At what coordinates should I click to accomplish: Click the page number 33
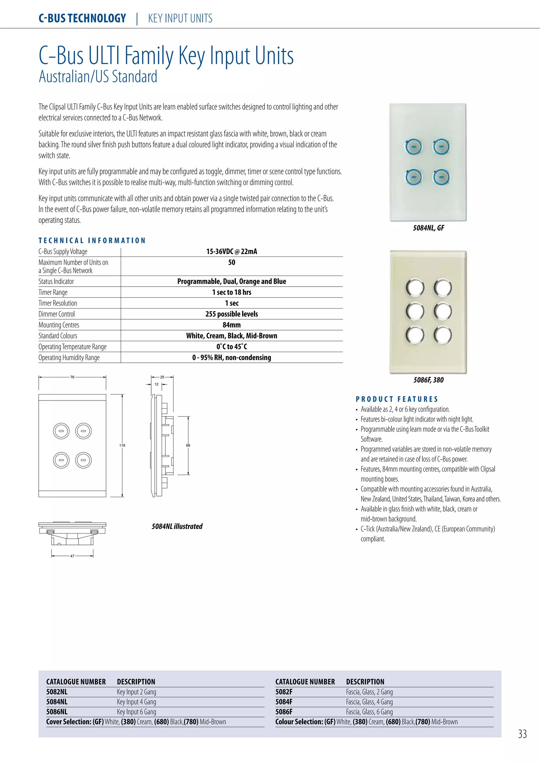(522, 734)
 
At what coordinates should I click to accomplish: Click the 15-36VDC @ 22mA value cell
(232, 252)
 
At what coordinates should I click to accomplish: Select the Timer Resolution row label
(58, 303)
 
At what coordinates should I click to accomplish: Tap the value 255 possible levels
(232, 314)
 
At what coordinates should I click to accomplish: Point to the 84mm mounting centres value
(232, 325)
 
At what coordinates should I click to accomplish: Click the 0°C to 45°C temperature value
(232, 347)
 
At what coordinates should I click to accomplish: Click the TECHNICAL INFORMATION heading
(92, 241)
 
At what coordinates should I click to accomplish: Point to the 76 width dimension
(72, 377)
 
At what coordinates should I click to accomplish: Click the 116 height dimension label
(122, 445)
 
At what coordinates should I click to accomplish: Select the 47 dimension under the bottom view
(72, 556)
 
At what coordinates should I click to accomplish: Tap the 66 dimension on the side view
(188, 445)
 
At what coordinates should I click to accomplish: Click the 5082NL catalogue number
(57, 692)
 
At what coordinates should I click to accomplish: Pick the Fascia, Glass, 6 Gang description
(369, 712)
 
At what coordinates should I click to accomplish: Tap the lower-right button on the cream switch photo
(443, 335)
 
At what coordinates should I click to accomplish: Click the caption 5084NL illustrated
(177, 526)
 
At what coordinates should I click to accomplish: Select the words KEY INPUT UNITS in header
(180, 18)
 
